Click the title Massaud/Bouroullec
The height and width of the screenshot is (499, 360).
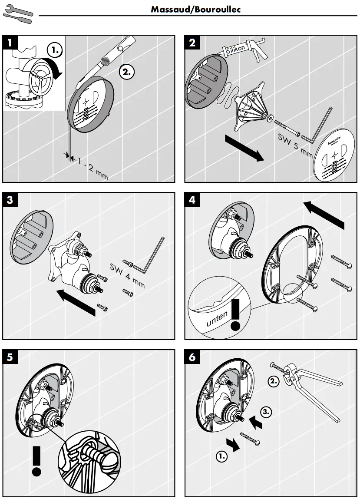pyautogui.click(x=195, y=9)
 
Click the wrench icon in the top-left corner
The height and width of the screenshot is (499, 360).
pyautogui.click(x=17, y=13)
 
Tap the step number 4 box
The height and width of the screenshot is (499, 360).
pyautogui.click(x=193, y=200)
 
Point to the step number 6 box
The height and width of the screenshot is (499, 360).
pyautogui.click(x=193, y=357)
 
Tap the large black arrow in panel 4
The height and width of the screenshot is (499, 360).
pyautogui.click(x=324, y=214)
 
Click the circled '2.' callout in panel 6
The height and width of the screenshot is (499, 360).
pyautogui.click(x=273, y=382)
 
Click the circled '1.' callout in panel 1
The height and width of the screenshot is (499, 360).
pyautogui.click(x=55, y=50)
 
